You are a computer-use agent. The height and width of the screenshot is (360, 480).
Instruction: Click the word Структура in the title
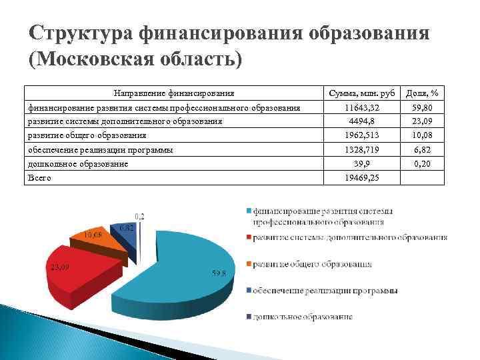click(x=81, y=33)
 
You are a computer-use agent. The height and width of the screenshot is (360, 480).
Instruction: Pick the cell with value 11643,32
click(x=360, y=107)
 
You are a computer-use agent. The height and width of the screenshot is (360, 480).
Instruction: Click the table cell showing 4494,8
click(x=360, y=121)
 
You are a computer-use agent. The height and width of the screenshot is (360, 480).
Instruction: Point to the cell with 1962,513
click(x=360, y=135)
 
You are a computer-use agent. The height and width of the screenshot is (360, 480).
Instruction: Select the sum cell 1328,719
click(x=360, y=150)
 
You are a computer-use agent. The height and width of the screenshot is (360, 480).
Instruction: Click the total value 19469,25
click(x=360, y=178)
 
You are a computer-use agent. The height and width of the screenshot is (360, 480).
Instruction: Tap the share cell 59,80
click(x=426, y=107)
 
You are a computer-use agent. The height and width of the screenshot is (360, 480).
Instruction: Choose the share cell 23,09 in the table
click(x=426, y=121)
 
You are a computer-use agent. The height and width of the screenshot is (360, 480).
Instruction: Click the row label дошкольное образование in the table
click(x=77, y=164)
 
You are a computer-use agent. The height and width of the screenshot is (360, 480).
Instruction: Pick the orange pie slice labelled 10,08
click(x=100, y=241)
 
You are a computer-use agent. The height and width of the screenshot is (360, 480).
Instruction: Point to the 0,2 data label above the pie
click(x=141, y=217)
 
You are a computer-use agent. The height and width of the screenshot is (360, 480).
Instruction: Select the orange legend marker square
click(x=248, y=264)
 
